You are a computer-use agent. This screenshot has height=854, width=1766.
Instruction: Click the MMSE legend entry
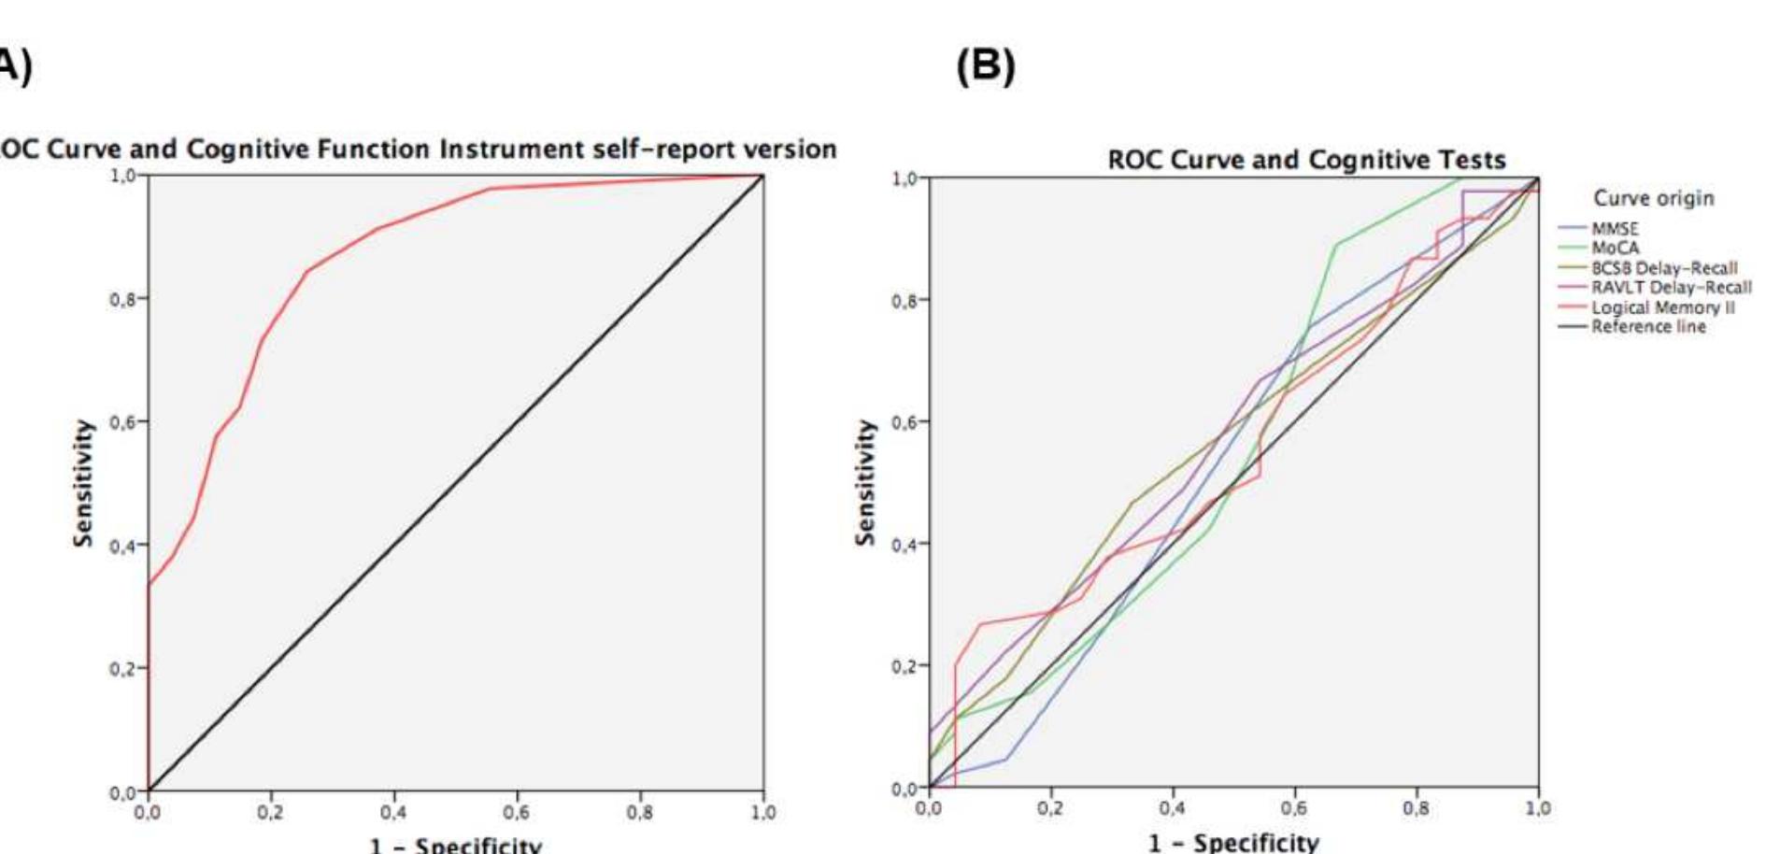[1615, 229]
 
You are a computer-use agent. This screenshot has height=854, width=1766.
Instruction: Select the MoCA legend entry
[1615, 249]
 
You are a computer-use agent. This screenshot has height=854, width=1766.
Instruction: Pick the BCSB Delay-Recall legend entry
[1663, 268]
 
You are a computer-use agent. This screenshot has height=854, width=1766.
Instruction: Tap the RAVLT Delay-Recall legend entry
[1671, 288]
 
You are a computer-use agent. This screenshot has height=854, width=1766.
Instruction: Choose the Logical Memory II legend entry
[1662, 307]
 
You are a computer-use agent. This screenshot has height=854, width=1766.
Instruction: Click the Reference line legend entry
[1648, 327]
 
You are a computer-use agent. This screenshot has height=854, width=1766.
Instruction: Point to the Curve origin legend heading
[1653, 198]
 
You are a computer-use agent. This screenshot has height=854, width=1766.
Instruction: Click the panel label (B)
[985, 65]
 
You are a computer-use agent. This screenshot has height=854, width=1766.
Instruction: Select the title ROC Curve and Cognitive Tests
[1306, 160]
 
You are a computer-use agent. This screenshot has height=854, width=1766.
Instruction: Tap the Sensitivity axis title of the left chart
[83, 482]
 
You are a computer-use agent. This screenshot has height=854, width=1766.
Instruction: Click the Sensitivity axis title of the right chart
[865, 482]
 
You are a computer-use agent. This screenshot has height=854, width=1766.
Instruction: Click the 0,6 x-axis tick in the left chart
[517, 813]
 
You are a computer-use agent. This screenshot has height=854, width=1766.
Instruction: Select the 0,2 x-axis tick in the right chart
[1050, 808]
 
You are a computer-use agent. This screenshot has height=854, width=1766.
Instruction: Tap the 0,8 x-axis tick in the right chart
[1416, 808]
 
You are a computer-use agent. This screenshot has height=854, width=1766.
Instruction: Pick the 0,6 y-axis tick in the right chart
[904, 422]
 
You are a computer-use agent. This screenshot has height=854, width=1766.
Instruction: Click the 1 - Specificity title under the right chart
[1233, 843]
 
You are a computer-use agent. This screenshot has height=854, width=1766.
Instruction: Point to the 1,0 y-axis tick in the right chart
[904, 178]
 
